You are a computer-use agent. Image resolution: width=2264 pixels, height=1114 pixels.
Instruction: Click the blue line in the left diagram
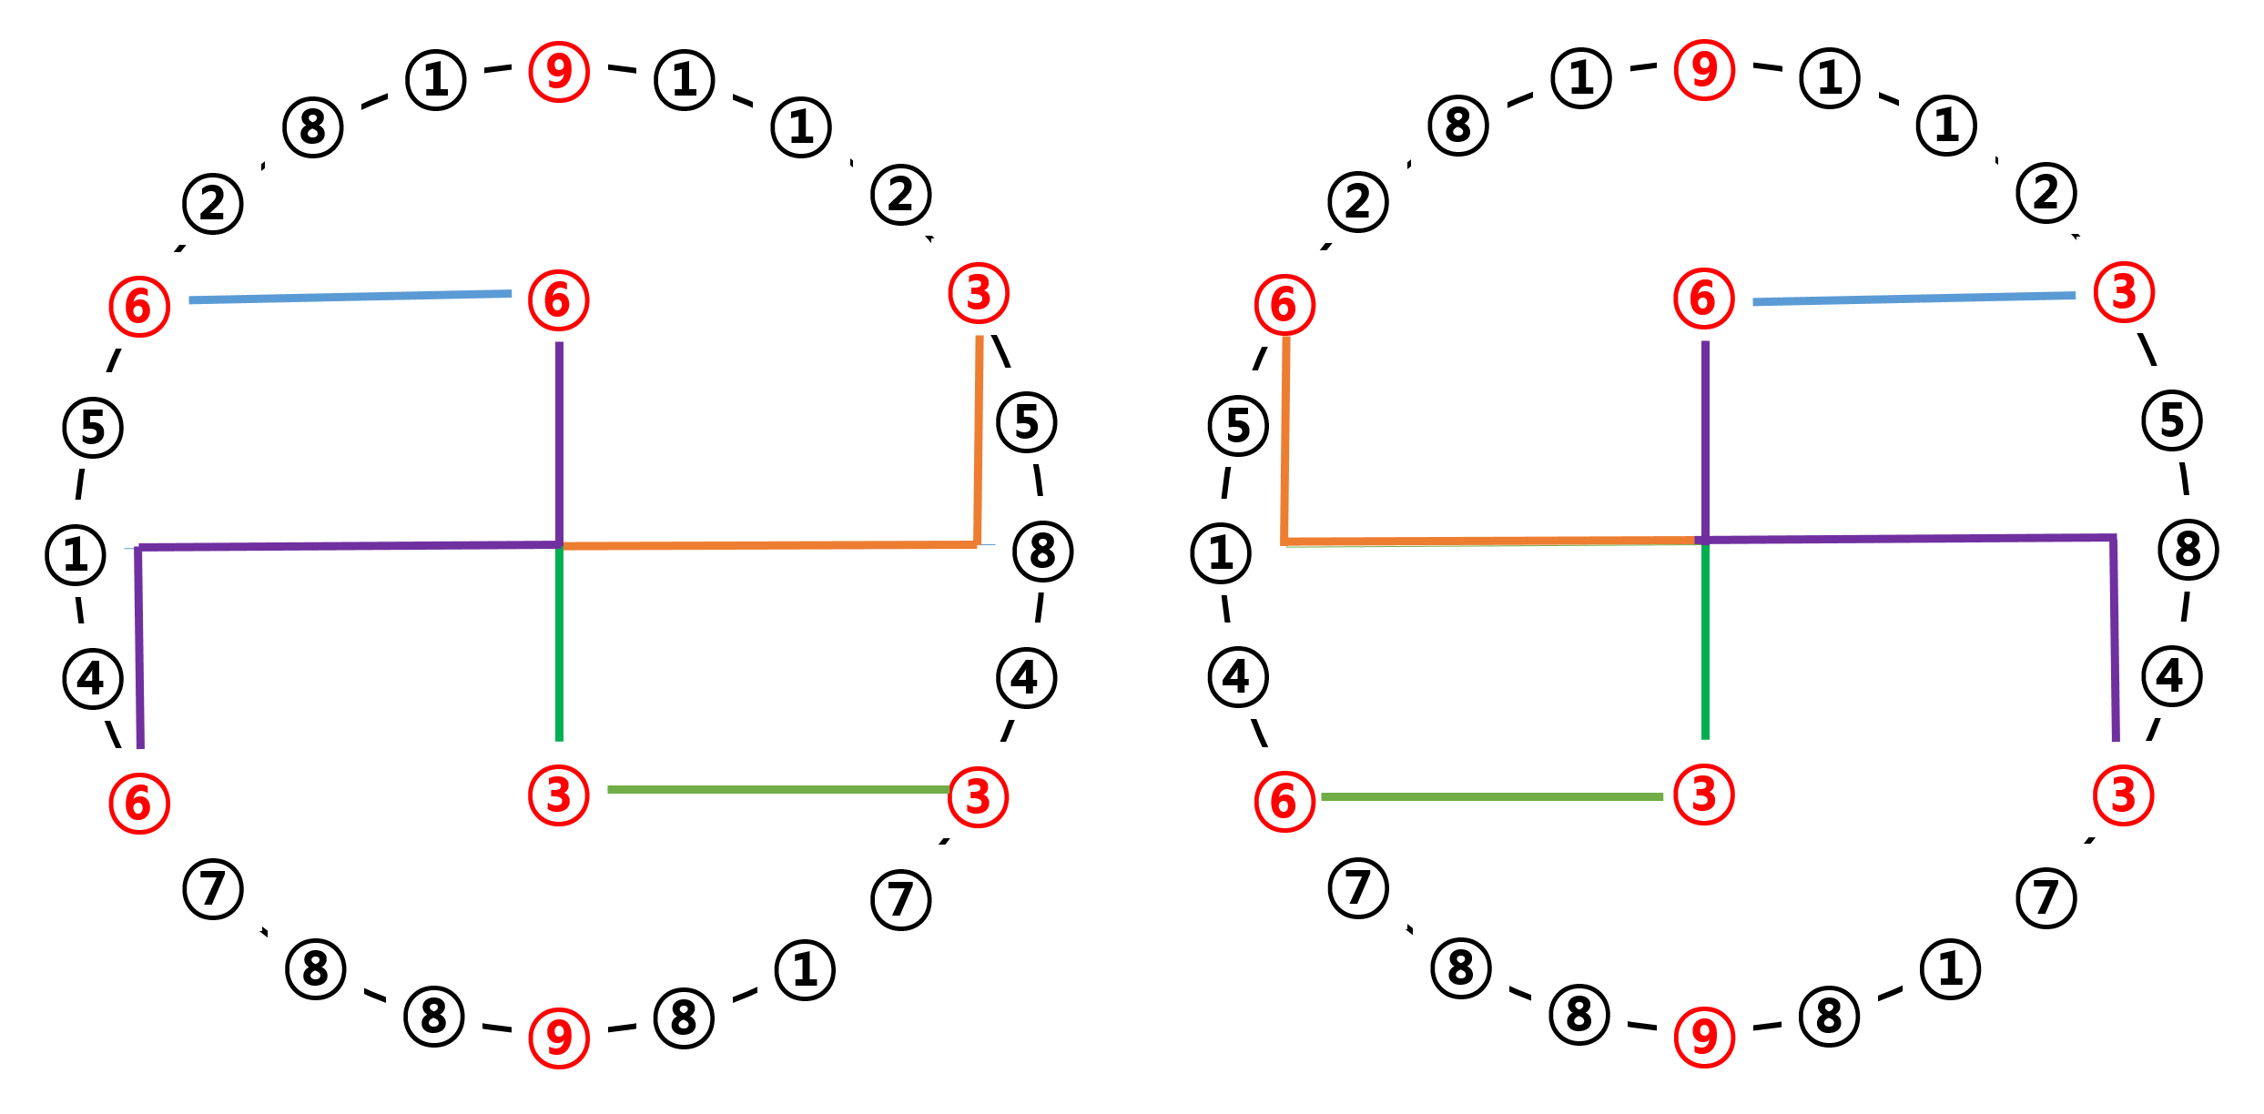[350, 297]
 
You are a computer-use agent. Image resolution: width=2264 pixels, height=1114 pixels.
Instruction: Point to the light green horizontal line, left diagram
[774, 789]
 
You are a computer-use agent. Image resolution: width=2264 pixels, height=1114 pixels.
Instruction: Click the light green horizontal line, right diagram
[1493, 796]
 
